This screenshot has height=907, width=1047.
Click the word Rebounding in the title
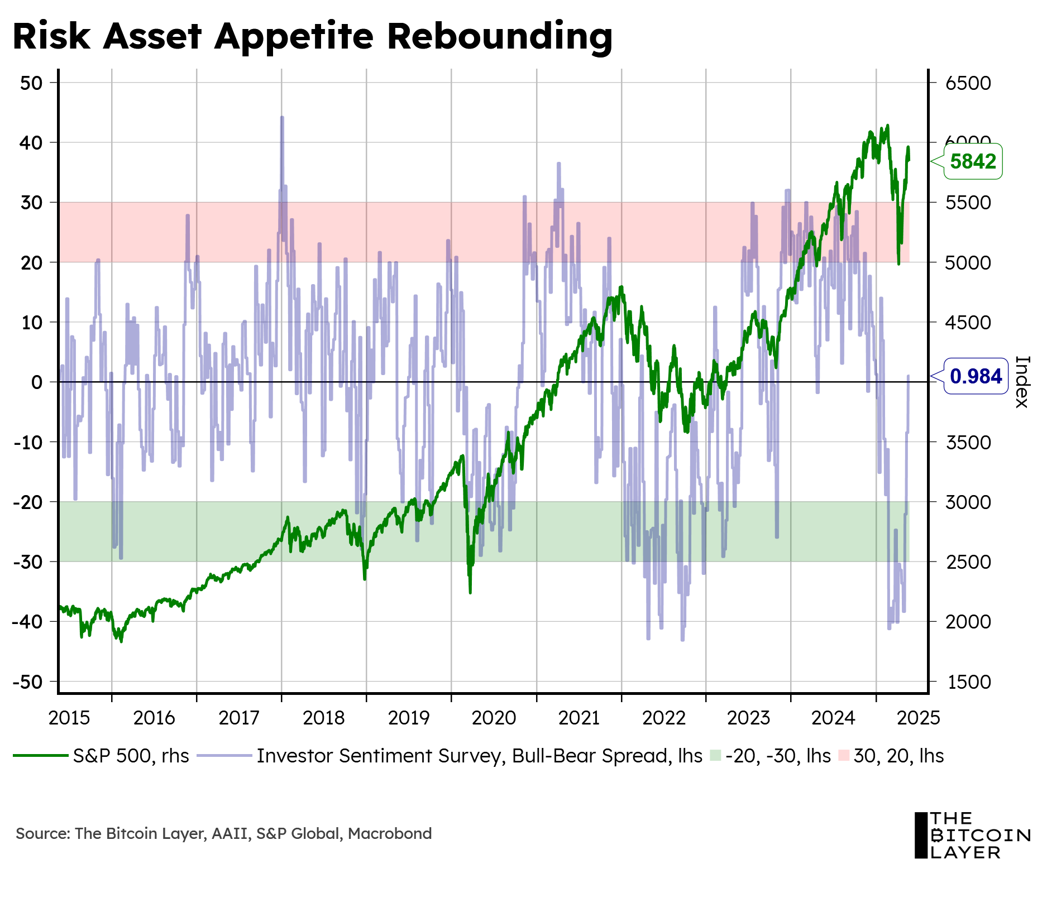pos(499,37)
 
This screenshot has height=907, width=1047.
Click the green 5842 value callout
pos(973,162)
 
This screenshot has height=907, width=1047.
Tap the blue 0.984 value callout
pos(975,376)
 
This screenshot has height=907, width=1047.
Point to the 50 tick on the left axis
pos(31,83)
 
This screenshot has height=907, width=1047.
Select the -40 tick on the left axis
pos(27,621)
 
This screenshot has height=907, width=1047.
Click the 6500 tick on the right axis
pos(968,83)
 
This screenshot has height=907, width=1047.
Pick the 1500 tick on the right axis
pos(968,682)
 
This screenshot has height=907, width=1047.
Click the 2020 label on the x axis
pos(494,718)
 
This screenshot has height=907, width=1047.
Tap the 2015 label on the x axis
pos(69,718)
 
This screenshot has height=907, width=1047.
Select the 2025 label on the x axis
pos(918,718)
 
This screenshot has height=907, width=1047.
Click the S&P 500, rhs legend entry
pos(131,756)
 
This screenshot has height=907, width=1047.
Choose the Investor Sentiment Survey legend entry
pos(479,756)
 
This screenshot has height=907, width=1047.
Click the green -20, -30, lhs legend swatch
pos(715,756)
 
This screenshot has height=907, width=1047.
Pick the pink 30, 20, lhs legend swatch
pos(844,756)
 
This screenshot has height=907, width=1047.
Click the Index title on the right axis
pos(1021,382)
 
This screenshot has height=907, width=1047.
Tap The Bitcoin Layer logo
pos(972,835)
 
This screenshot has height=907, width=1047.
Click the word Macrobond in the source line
pos(390,834)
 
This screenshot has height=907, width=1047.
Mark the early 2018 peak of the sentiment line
pos(282,118)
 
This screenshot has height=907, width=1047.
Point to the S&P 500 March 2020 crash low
pos(470,592)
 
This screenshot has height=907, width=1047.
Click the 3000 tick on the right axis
pos(968,502)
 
